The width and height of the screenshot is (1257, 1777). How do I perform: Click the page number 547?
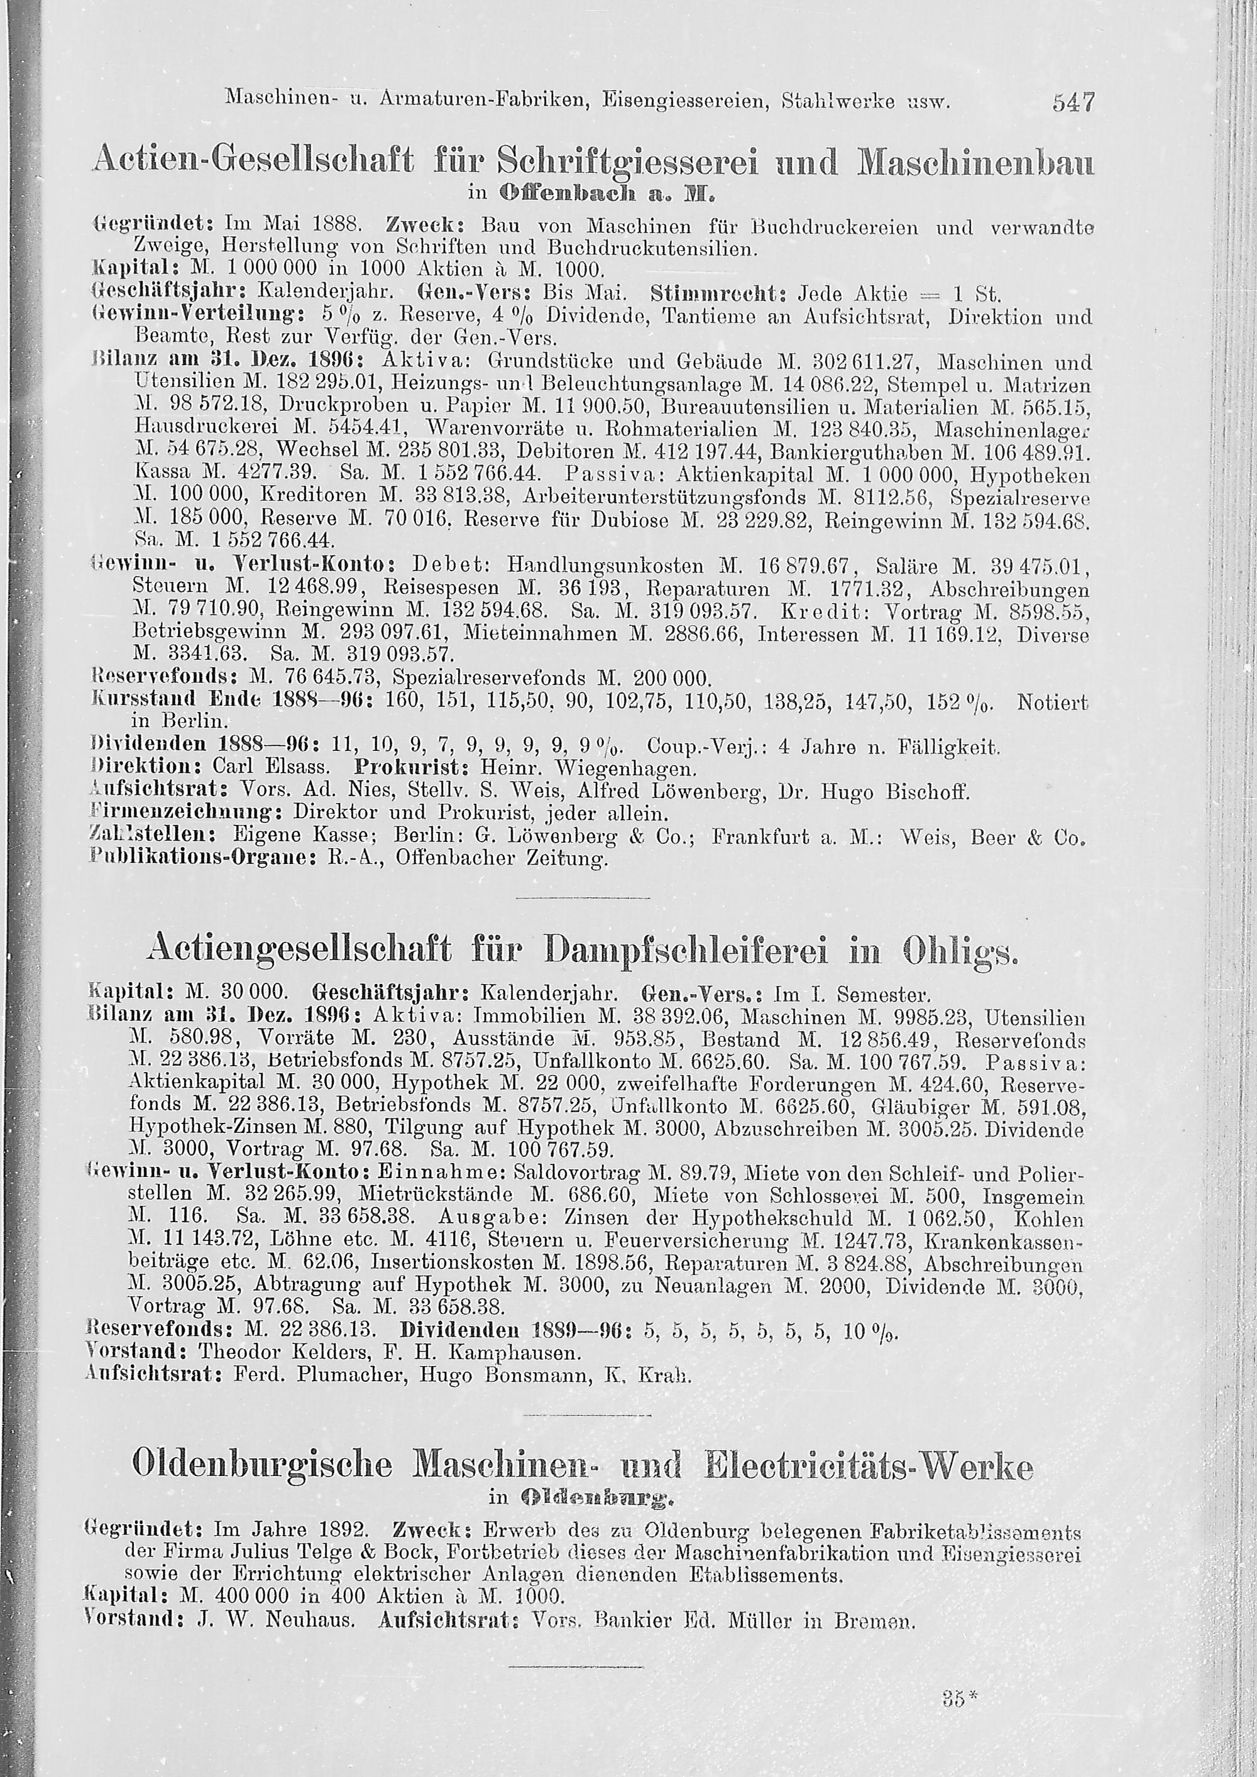(1073, 102)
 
